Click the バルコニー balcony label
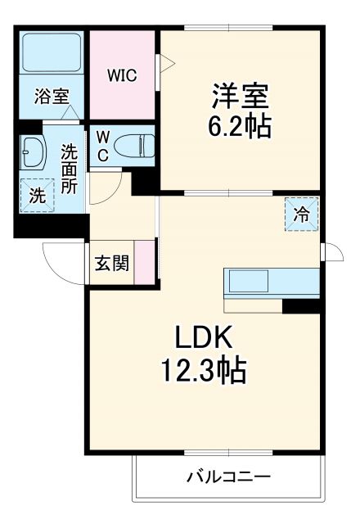pos(227,477)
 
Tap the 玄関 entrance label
pos(110,264)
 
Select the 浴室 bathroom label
pos(51,97)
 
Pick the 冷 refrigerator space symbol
pos(302,215)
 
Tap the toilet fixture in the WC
pos(135,146)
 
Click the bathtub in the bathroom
pos(52,52)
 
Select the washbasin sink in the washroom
pos(35,151)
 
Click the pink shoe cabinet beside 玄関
pos(145,263)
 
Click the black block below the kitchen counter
pos(300,306)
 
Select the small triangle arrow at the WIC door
pos(162,61)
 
